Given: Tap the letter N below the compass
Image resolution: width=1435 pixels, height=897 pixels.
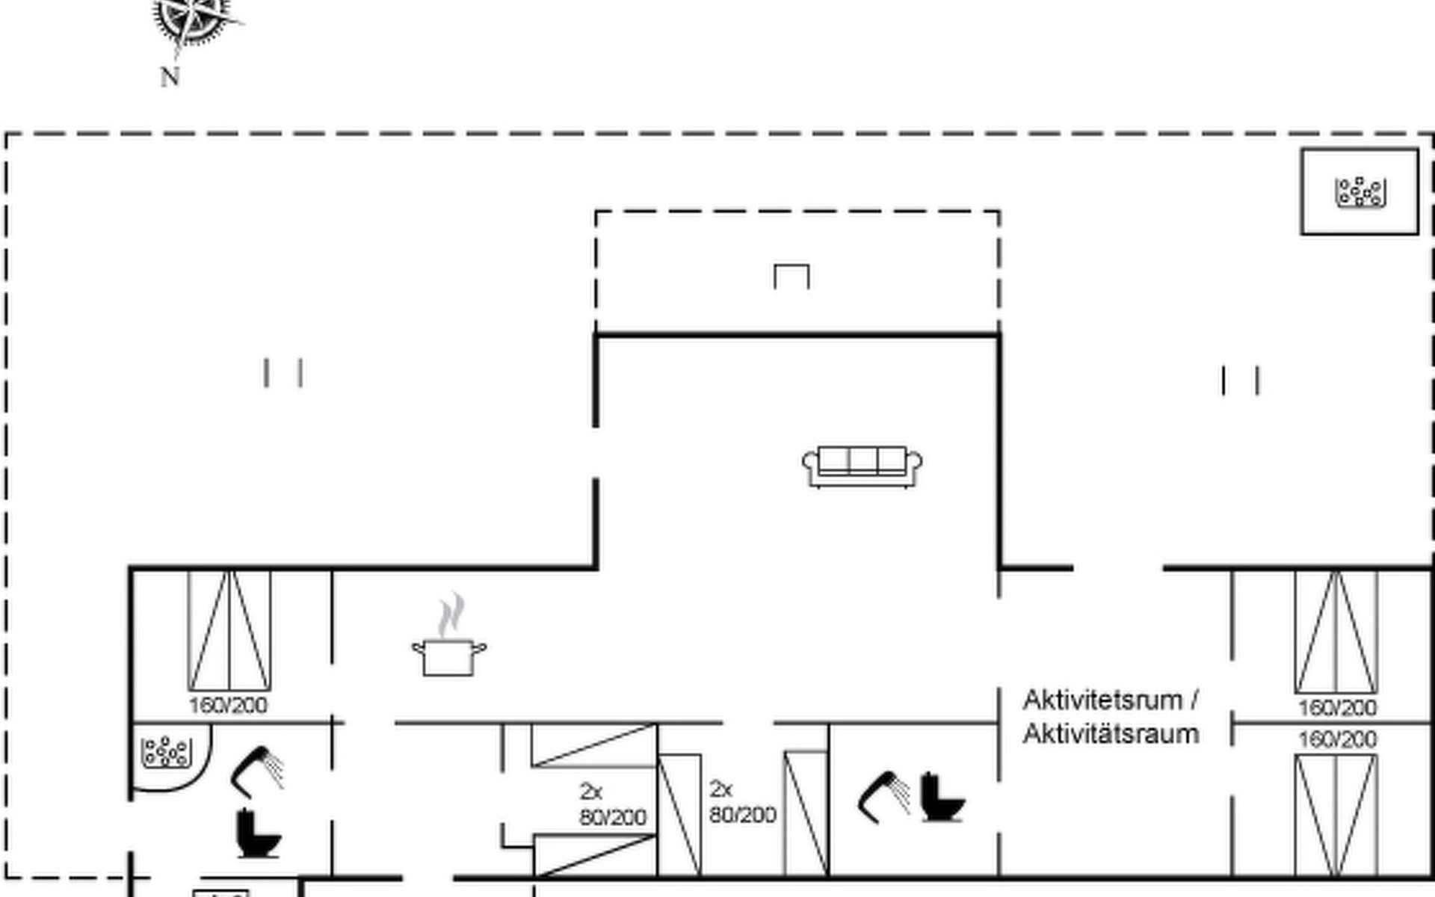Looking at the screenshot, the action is click(170, 76).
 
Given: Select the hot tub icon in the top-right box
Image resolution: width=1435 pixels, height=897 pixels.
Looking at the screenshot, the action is click(1360, 192).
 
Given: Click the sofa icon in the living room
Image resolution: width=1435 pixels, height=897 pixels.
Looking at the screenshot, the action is click(862, 466).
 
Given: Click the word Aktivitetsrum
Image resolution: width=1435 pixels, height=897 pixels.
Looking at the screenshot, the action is click(1103, 700).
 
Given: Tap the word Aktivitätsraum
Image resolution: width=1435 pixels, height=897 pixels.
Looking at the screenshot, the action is click(1111, 734).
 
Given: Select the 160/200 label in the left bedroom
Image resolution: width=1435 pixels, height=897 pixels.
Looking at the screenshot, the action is click(228, 705).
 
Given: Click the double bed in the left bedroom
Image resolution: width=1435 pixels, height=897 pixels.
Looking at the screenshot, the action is click(229, 631).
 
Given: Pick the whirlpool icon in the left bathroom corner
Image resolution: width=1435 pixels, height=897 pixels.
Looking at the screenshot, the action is click(167, 753).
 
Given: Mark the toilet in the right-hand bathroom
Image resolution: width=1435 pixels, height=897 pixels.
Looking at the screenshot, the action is click(942, 797).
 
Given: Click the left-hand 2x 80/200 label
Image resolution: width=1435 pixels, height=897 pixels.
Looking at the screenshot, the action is click(613, 804).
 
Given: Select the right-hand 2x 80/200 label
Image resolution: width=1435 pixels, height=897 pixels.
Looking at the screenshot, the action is click(743, 802).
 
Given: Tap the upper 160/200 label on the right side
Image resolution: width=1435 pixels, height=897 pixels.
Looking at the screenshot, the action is click(1337, 707).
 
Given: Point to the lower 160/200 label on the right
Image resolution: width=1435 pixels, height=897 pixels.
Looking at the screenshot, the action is click(1337, 739).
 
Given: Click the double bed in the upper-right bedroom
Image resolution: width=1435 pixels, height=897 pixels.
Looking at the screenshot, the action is click(1336, 632).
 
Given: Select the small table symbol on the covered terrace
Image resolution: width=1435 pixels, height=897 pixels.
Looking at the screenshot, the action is click(791, 276).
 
